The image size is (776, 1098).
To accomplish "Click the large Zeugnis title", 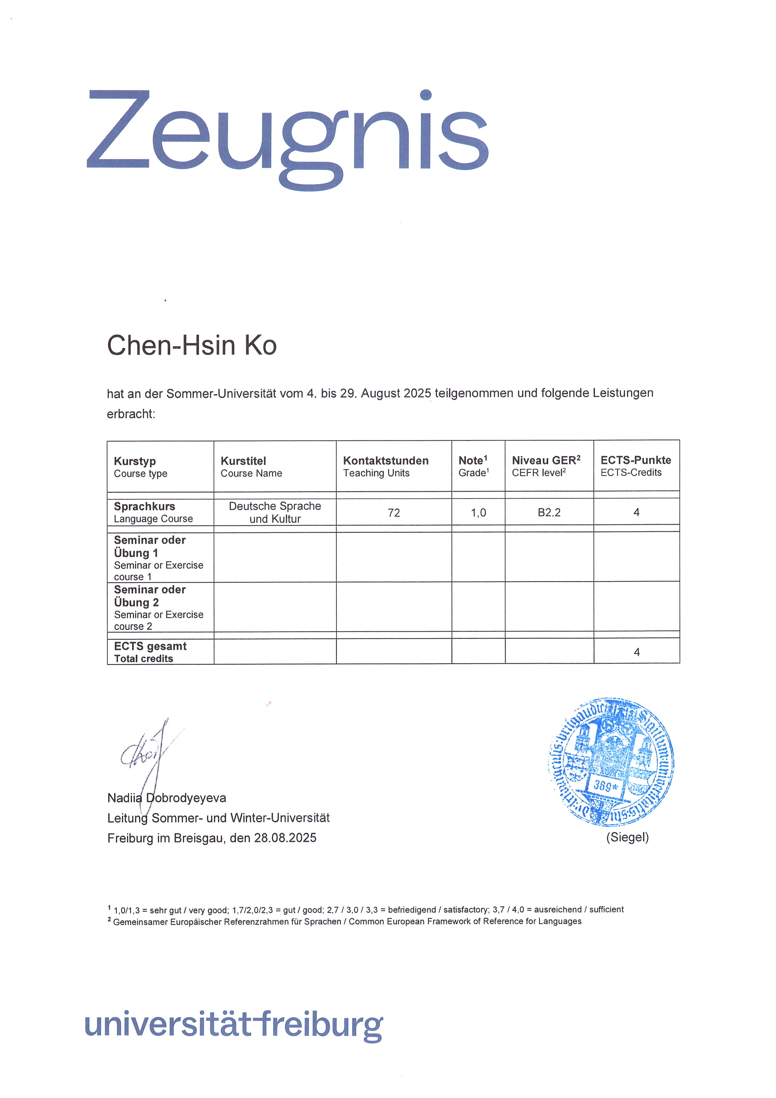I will click(x=287, y=136).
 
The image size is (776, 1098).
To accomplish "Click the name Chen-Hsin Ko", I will click(x=192, y=345).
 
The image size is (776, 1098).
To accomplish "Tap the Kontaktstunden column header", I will click(x=386, y=466).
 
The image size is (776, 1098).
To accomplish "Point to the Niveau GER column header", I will click(x=546, y=466).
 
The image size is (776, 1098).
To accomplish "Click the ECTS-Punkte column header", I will click(x=636, y=466).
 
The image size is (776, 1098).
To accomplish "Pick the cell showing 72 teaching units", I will click(x=394, y=513).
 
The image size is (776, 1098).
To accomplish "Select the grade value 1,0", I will click(x=478, y=513).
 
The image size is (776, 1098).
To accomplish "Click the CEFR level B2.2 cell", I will click(x=549, y=512).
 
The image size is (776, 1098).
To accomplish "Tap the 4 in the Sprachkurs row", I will click(x=637, y=512).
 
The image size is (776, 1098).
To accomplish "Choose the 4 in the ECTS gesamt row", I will click(x=637, y=652).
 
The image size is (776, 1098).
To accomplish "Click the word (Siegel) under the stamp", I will click(x=627, y=837).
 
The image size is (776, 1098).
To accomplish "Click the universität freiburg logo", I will click(x=234, y=1024).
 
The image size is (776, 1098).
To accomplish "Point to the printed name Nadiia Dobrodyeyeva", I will click(x=167, y=798).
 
